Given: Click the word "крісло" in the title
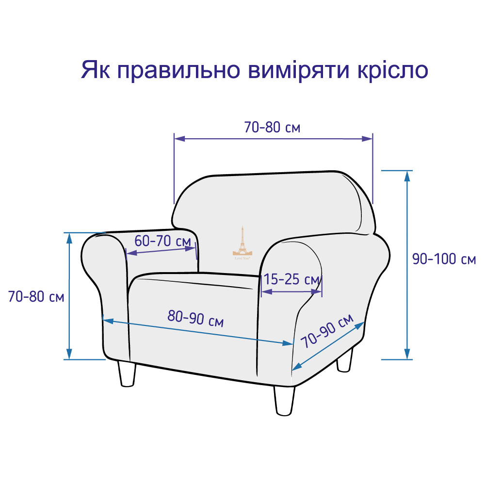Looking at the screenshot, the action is (x=392, y=70).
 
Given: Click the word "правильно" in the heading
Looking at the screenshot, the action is (x=179, y=71).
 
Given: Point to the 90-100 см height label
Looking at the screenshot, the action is (x=444, y=259).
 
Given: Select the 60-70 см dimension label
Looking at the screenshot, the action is (x=162, y=241).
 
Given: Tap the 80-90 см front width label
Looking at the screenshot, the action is (x=195, y=318).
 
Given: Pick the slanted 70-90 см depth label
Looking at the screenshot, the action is (x=327, y=330).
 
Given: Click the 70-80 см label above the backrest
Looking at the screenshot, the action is (x=272, y=127).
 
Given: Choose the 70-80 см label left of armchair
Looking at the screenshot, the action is (x=36, y=296).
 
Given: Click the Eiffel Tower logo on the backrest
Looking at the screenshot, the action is (x=242, y=242).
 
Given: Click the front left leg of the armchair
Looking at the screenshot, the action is (x=127, y=373).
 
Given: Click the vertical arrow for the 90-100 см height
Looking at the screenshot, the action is (x=407, y=265).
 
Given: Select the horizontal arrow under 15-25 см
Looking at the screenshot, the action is (x=291, y=291).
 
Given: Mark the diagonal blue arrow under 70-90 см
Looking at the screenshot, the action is (x=328, y=346).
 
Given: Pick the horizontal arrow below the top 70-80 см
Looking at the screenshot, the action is (x=274, y=139).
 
